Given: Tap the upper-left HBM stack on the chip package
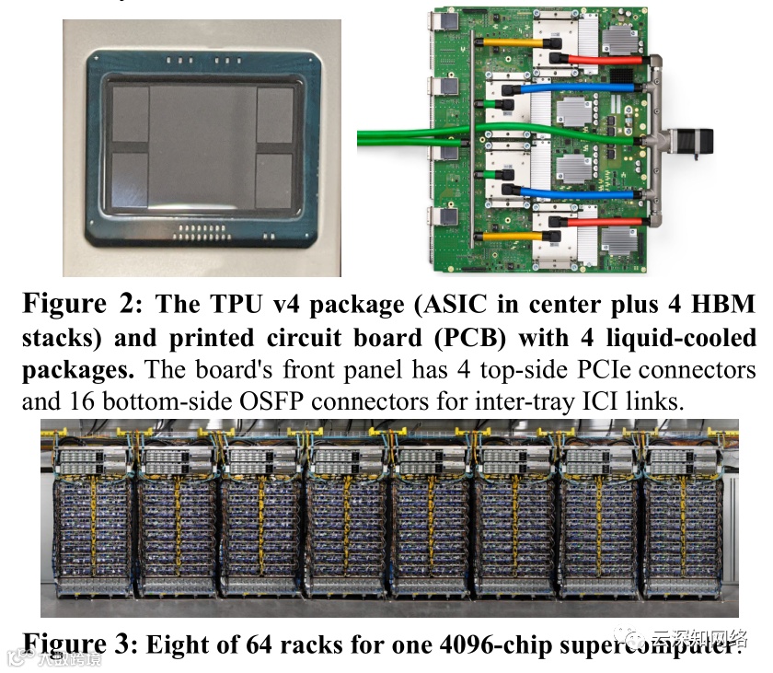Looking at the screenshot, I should click(131, 115).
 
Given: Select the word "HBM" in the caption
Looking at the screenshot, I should click(726, 304).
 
